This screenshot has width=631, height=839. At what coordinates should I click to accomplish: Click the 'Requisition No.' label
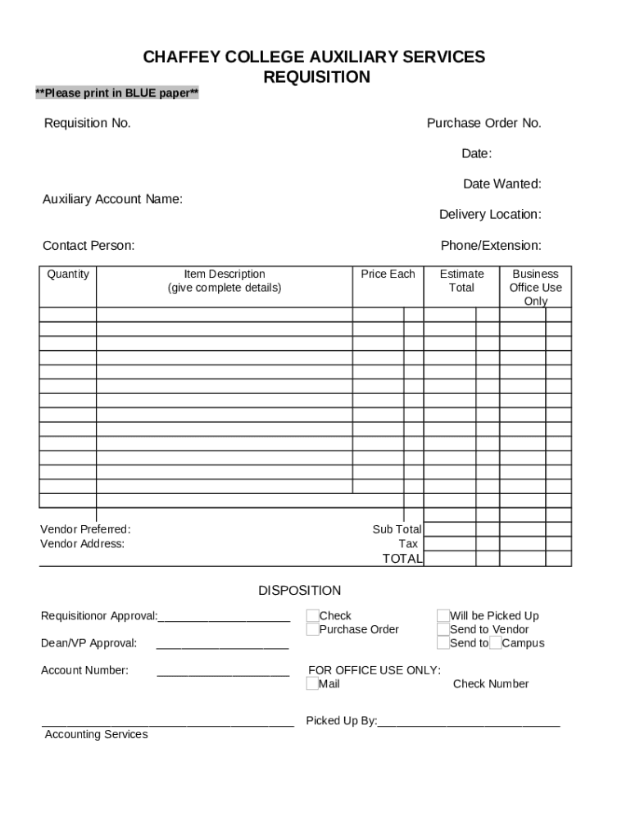[x=87, y=123]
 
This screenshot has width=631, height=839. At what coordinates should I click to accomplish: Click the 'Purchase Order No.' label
[x=483, y=123]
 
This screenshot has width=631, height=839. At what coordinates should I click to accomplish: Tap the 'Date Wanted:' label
[x=502, y=184]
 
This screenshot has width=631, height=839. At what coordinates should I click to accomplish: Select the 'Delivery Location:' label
[x=490, y=215]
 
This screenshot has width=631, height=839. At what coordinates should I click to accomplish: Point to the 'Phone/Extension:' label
[x=491, y=246]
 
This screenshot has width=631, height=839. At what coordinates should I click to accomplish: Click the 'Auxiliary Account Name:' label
[x=112, y=199]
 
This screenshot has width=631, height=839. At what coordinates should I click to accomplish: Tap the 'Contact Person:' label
[x=89, y=246]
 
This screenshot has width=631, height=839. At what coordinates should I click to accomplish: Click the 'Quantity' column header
[x=68, y=274]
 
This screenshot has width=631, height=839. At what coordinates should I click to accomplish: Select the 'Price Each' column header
[x=388, y=274]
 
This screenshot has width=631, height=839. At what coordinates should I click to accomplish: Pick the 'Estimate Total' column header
[x=461, y=281]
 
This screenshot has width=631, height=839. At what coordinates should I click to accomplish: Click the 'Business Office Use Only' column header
[x=535, y=288]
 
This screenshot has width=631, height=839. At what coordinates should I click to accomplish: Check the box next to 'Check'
[x=312, y=616]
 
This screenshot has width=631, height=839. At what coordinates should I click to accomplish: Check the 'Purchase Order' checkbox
[x=312, y=629]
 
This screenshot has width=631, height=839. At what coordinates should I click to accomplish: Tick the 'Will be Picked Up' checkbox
[x=443, y=616]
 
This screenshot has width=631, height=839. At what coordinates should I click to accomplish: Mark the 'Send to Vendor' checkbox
[x=443, y=629]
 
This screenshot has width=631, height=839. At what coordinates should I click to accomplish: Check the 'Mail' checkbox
[x=312, y=684]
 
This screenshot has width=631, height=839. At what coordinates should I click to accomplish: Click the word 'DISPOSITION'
[x=299, y=591]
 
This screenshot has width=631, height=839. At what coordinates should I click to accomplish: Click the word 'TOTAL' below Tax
[x=402, y=559]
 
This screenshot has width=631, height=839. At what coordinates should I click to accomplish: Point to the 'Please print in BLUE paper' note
[x=116, y=93]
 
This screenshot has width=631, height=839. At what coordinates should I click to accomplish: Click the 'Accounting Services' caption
[x=96, y=735]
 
